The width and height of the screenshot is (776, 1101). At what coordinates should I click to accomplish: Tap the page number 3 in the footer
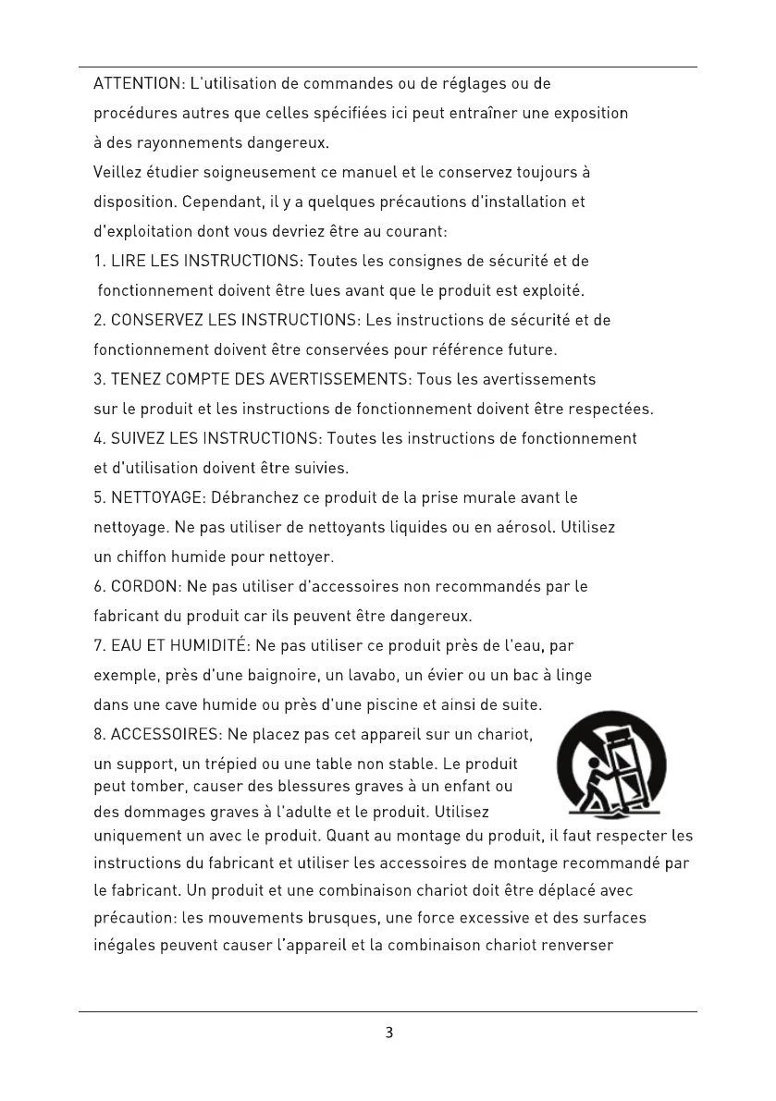tap(389, 1033)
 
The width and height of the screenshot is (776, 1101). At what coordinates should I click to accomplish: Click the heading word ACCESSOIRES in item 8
tap(163, 735)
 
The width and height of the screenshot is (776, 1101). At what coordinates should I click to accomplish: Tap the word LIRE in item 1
tap(126, 262)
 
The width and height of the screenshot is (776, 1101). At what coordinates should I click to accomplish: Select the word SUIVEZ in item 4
tap(138, 438)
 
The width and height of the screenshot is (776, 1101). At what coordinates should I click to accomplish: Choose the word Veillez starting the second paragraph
tap(117, 172)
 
